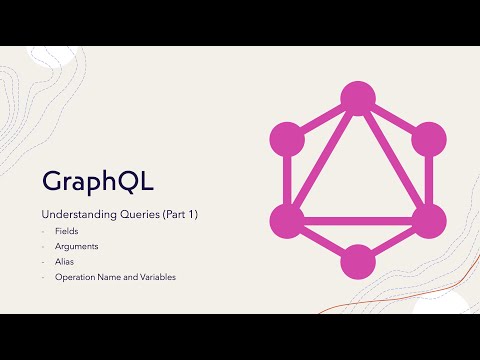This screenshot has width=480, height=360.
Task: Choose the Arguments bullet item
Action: (78, 246)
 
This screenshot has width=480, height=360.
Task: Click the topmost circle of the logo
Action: (357, 97)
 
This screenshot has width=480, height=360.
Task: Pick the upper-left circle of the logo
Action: (287, 137)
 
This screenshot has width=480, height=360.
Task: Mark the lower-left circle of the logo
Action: (287, 219)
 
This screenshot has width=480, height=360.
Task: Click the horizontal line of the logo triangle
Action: (357, 219)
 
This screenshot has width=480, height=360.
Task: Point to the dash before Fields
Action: (44, 231)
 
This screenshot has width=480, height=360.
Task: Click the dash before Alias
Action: (44, 261)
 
